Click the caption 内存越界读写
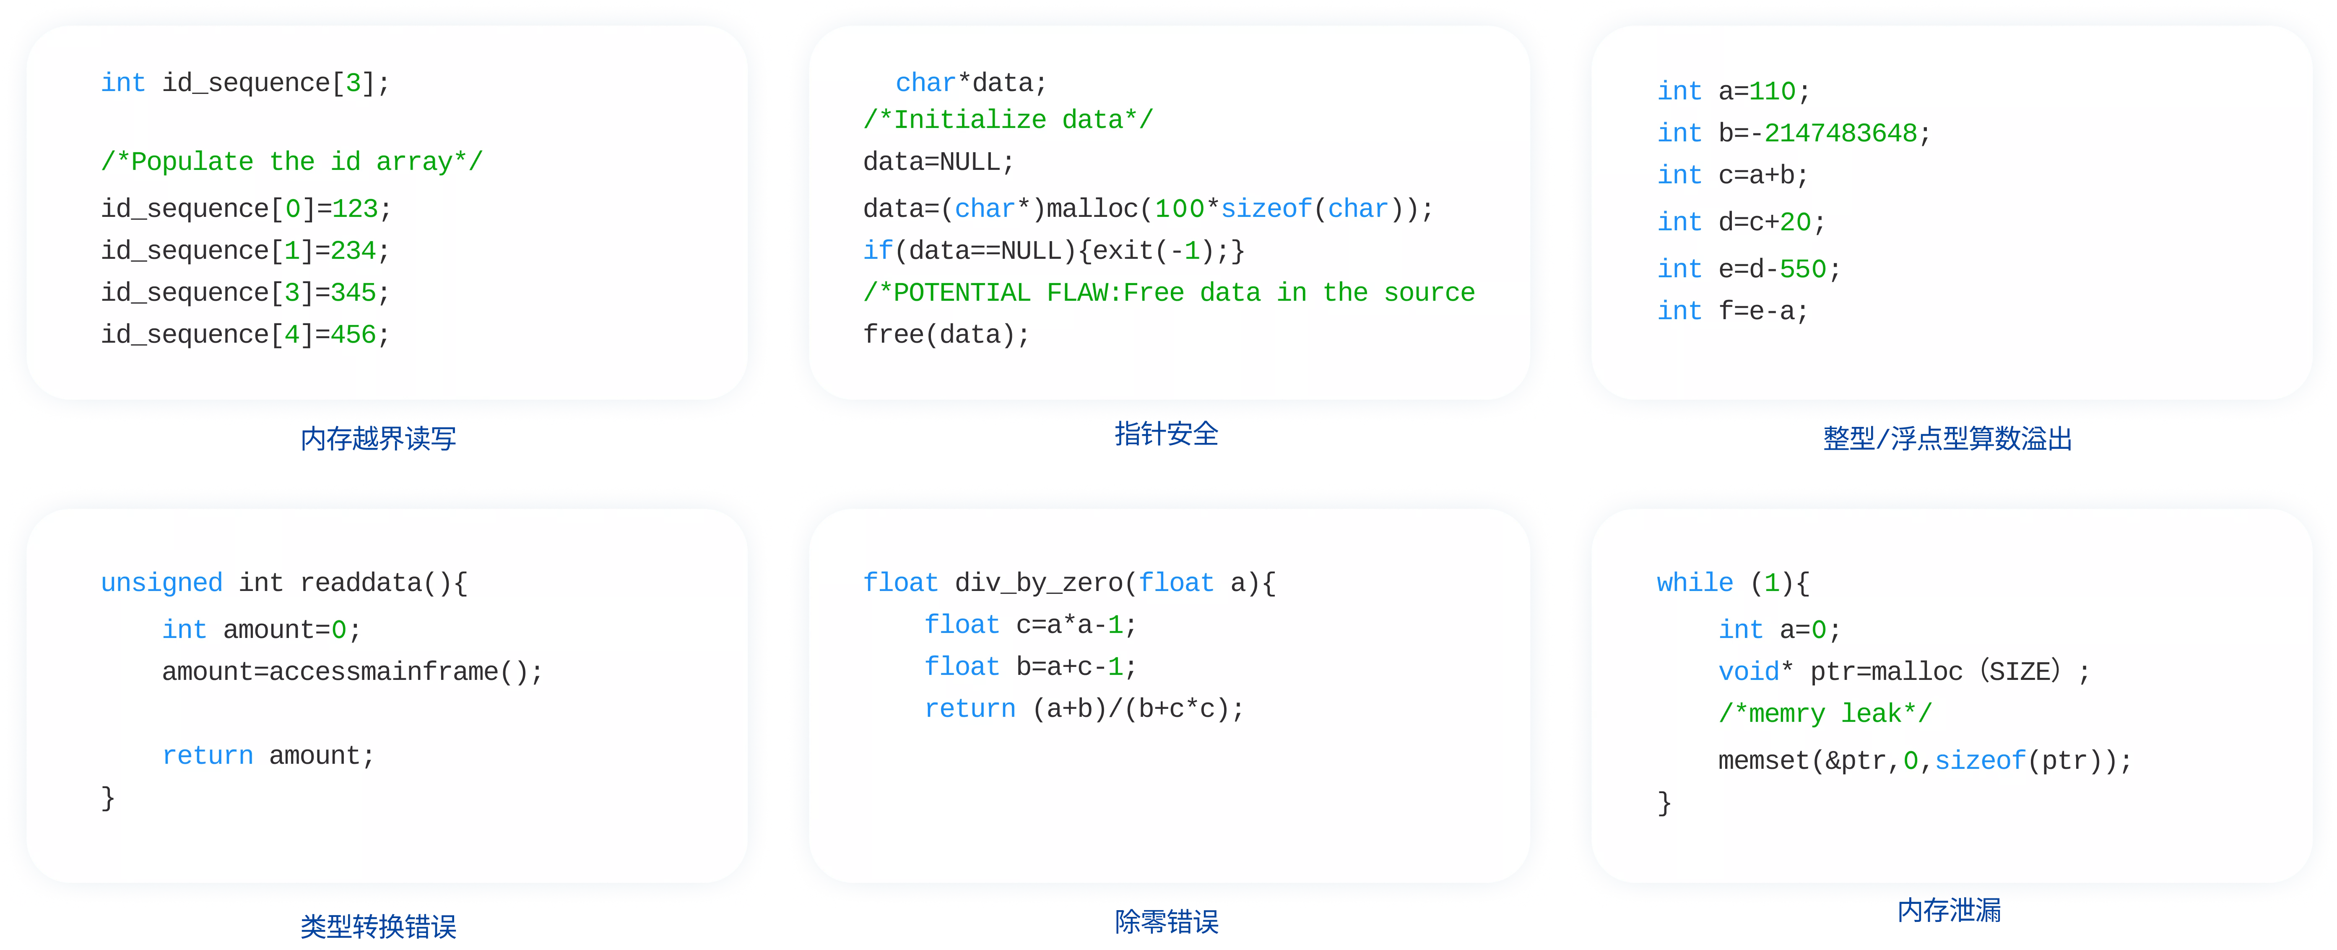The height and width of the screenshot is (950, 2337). [x=378, y=439]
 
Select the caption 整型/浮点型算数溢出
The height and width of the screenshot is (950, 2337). [x=1948, y=439]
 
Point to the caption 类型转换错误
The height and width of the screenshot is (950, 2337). [x=378, y=927]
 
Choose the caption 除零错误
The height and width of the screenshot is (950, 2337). [x=1167, y=922]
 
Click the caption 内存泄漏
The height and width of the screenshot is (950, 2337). [x=1949, y=910]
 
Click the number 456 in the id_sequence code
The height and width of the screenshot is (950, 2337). [x=353, y=335]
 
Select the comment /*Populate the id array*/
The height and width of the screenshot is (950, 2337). [x=292, y=161]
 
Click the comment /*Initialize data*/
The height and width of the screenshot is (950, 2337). [x=1008, y=120]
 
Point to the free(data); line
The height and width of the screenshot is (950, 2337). [x=946, y=335]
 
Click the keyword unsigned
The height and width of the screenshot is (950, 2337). [x=161, y=583]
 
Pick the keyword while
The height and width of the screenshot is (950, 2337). [x=1695, y=583]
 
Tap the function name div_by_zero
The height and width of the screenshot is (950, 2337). [x=1039, y=583]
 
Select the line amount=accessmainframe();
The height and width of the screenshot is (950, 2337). [x=352, y=672]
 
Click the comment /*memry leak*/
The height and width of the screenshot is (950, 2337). [x=1825, y=713]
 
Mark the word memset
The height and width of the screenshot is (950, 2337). [x=1764, y=760]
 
